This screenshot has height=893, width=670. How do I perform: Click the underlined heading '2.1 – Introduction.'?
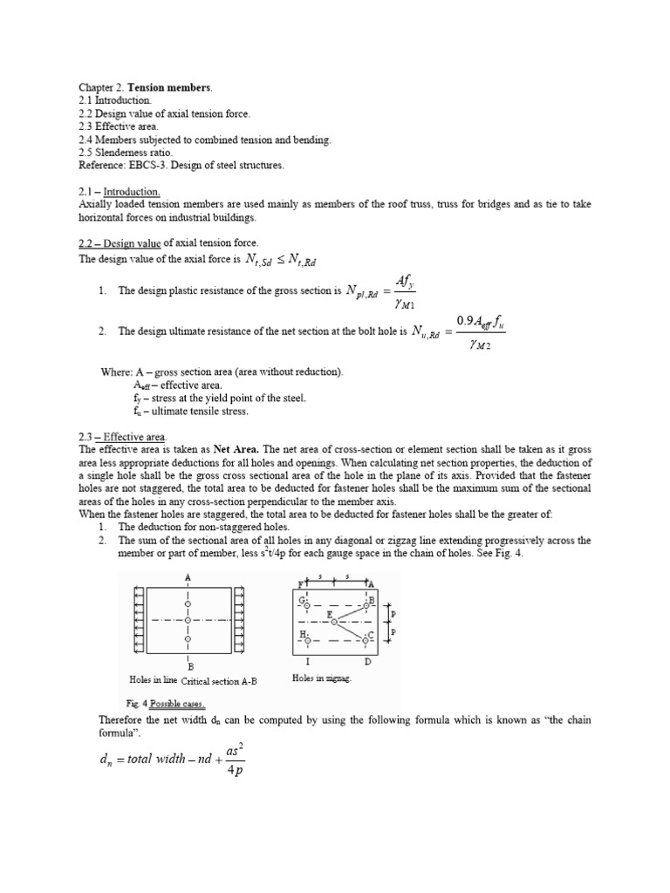coord(119,191)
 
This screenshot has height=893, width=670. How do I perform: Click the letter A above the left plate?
coord(188,577)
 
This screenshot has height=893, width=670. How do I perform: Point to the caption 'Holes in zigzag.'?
coord(322,678)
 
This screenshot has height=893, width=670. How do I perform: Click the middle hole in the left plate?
coord(188,620)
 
